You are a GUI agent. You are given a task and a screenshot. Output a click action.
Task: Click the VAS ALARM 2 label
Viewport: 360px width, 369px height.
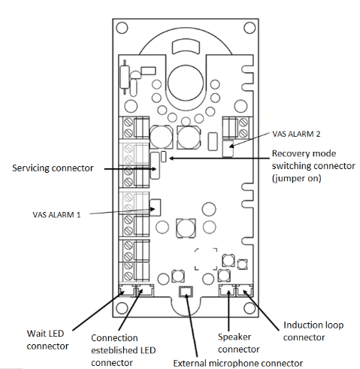pyautogui.click(x=296, y=134)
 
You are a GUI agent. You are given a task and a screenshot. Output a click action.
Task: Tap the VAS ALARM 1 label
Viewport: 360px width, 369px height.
pyautogui.click(x=56, y=215)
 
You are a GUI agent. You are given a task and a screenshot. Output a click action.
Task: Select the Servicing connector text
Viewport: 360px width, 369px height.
pyautogui.click(x=53, y=168)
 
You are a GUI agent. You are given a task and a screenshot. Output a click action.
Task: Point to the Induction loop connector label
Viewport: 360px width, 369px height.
pyautogui.click(x=313, y=331)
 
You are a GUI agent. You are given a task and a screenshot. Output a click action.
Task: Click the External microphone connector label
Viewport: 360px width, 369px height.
pyautogui.click(x=238, y=363)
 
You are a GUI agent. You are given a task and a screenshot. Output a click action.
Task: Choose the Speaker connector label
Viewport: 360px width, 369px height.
pyautogui.click(x=238, y=343)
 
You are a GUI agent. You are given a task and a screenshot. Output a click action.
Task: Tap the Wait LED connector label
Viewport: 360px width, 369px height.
pyautogui.click(x=47, y=340)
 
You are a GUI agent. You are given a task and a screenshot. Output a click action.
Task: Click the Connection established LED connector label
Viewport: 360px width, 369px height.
pyautogui.click(x=123, y=350)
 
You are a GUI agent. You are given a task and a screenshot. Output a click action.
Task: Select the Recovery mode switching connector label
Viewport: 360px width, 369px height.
pyautogui.click(x=313, y=166)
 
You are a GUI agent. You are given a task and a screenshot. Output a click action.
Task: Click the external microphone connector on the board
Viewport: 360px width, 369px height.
pyautogui.click(x=186, y=292)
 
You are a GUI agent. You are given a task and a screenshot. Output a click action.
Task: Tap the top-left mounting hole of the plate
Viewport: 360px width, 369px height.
pyautogui.click(x=122, y=28)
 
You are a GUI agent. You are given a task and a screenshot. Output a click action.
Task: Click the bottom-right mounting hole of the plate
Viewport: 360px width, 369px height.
pyautogui.click(x=250, y=307)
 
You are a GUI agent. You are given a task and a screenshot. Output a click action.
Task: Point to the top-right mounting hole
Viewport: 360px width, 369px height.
pyautogui.click(x=250, y=28)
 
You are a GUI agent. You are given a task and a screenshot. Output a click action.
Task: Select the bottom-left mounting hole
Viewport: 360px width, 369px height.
pyautogui.click(x=122, y=307)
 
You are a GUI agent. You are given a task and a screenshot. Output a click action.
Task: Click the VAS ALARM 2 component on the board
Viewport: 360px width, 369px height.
pyautogui.click(x=228, y=148)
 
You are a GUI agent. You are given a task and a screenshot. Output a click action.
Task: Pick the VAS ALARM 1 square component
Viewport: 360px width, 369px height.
pyautogui.click(x=155, y=207)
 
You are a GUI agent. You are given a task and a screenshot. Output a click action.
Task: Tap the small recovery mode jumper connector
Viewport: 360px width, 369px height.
pyautogui.click(x=164, y=156)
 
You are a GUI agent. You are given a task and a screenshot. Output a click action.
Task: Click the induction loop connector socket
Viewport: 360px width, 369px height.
pyautogui.click(x=244, y=291)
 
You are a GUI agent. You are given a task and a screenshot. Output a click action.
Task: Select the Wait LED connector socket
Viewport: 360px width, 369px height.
pyautogui.click(x=126, y=291)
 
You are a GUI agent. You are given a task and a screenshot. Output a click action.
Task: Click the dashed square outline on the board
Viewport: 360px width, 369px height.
pyautogui.click(x=206, y=259)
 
